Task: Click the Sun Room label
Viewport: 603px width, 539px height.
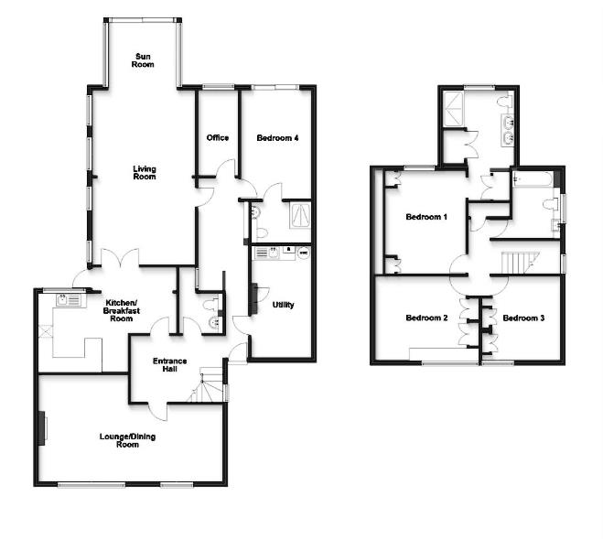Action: [142, 60]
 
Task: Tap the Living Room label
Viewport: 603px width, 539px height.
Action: [144, 172]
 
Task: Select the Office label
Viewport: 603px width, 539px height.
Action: [217, 138]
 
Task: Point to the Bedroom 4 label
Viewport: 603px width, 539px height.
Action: [277, 138]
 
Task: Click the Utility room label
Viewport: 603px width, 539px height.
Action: [283, 305]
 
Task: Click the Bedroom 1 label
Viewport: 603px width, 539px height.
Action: [425, 218]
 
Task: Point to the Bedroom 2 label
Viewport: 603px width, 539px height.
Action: [425, 318]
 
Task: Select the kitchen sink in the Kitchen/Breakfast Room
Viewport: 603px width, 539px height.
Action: [68, 298]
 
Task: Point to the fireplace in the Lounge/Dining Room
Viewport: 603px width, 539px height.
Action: [42, 429]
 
